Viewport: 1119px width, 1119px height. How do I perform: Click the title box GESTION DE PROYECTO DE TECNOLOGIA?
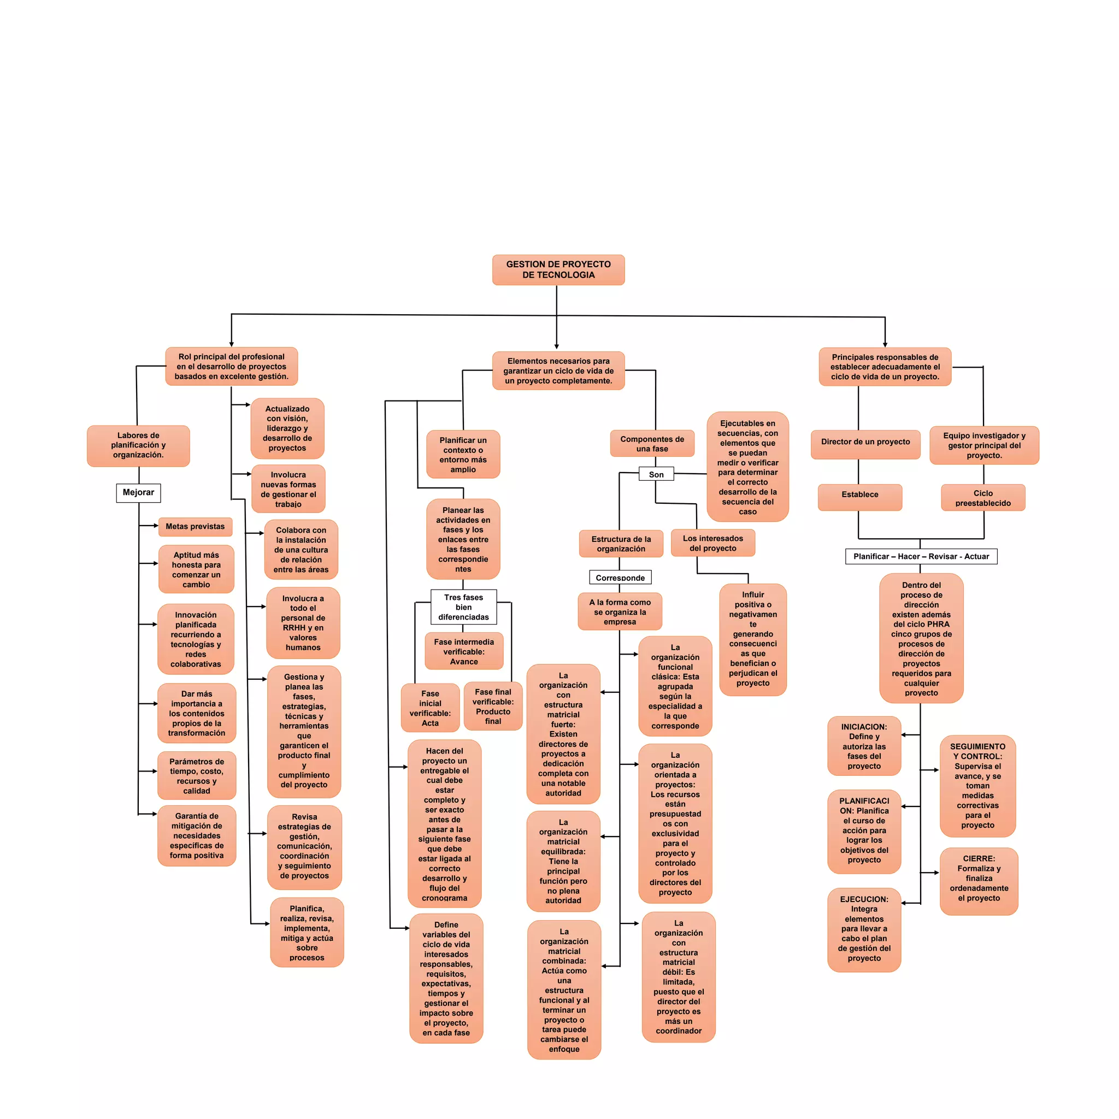(x=558, y=270)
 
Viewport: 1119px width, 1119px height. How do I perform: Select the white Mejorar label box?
(x=138, y=493)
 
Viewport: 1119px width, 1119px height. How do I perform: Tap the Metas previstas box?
(x=195, y=527)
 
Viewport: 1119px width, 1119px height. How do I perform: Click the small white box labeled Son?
(x=656, y=474)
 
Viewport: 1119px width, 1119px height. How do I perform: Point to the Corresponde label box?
(x=620, y=578)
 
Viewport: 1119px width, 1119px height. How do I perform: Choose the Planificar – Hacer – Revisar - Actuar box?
(x=921, y=557)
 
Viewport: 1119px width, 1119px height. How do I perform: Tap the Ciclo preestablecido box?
(x=983, y=498)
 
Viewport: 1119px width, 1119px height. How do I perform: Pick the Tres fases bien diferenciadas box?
(x=463, y=607)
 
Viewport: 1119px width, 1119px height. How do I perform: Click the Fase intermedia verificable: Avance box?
(x=464, y=652)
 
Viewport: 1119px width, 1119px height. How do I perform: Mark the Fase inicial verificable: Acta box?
(x=431, y=708)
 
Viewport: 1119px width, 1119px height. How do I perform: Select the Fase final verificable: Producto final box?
(x=493, y=706)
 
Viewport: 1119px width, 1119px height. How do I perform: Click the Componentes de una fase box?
(x=652, y=444)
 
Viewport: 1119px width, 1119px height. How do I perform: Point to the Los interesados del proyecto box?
(x=713, y=543)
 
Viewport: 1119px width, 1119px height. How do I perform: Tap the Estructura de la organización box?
(x=621, y=544)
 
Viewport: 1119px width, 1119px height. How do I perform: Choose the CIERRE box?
(x=979, y=881)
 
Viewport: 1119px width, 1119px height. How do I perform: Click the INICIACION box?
(x=864, y=746)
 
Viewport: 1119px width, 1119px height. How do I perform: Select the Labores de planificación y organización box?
(x=138, y=445)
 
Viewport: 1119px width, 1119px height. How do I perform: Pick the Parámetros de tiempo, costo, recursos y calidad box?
(x=197, y=776)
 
